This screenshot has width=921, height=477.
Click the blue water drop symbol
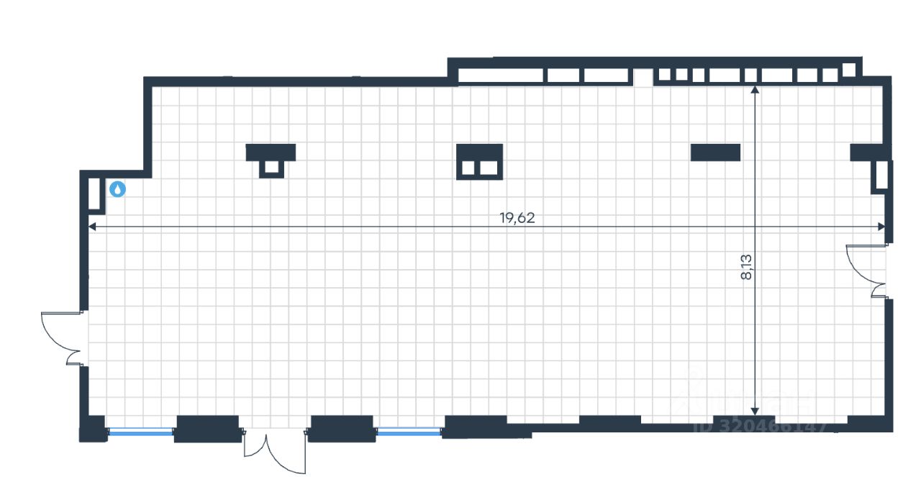point(117,189)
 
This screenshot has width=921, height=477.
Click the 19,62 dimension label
point(517,218)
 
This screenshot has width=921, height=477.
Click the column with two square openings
point(479,162)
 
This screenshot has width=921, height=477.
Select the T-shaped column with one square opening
point(271,160)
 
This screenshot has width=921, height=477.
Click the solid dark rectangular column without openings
point(715,152)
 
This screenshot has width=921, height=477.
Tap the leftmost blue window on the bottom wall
point(141,432)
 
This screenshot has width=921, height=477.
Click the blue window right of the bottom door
point(409,431)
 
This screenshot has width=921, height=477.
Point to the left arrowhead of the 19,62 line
point(91,227)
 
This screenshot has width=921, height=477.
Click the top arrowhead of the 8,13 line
point(755,90)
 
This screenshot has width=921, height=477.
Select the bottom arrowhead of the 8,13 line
point(755,408)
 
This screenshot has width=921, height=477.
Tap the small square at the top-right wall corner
point(849,69)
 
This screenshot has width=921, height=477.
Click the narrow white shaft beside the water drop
point(94,193)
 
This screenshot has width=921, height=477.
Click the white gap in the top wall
point(643,77)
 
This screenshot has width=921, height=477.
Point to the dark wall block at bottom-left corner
point(92,429)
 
